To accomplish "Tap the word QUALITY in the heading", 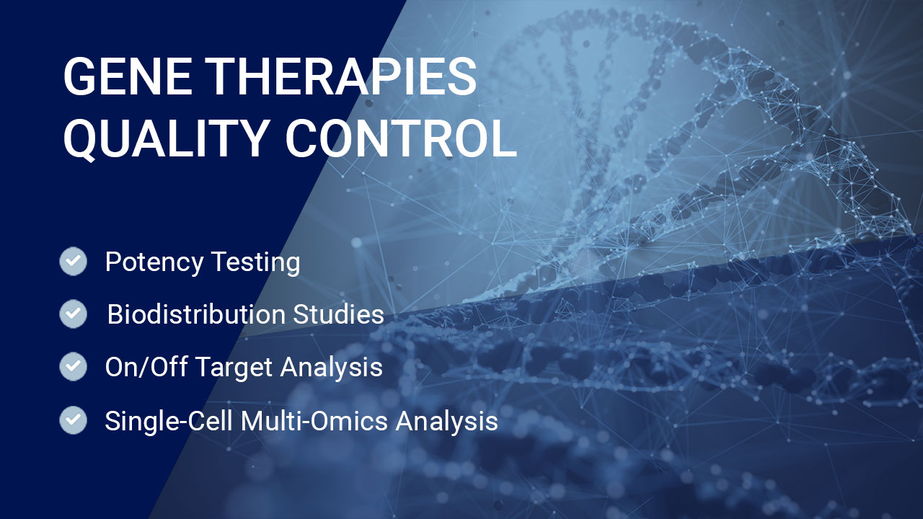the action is tap(165, 139).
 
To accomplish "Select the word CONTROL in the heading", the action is tap(401, 138).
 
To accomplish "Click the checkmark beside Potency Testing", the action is tap(74, 261).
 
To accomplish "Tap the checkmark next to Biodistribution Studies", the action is tap(74, 314).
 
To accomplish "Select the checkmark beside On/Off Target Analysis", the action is tap(74, 366).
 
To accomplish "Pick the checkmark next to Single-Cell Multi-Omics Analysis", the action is tap(74, 420).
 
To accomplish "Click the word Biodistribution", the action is tap(196, 314).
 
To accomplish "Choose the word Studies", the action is tap(339, 314).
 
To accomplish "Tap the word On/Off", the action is tap(146, 367).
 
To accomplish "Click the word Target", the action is tap(235, 368).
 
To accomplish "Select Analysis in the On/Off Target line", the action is tap(332, 368).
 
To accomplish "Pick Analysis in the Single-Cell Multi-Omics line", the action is tap(447, 422).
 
